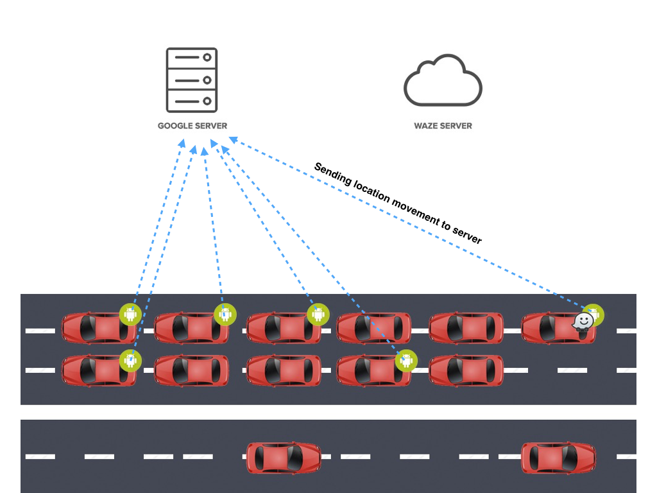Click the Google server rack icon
click(x=192, y=80)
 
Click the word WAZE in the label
click(x=427, y=126)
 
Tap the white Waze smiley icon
click(x=582, y=322)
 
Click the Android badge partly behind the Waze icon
click(x=595, y=314)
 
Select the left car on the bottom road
click(x=284, y=458)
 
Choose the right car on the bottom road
click(x=558, y=458)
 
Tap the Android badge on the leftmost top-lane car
click(x=130, y=315)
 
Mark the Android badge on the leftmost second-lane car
click(x=131, y=360)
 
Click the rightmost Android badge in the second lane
click(x=405, y=360)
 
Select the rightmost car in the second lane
click(x=466, y=371)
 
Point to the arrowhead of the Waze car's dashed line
click(x=233, y=138)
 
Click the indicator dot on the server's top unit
click(x=207, y=58)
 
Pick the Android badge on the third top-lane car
click(x=317, y=315)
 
